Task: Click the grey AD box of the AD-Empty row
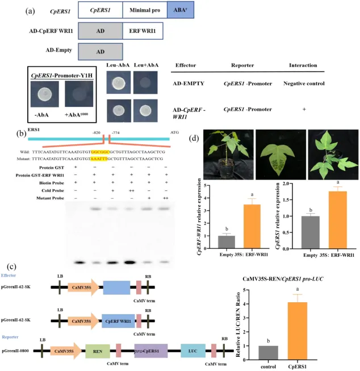tap(100, 52)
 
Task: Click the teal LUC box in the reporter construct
tap(192, 352)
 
